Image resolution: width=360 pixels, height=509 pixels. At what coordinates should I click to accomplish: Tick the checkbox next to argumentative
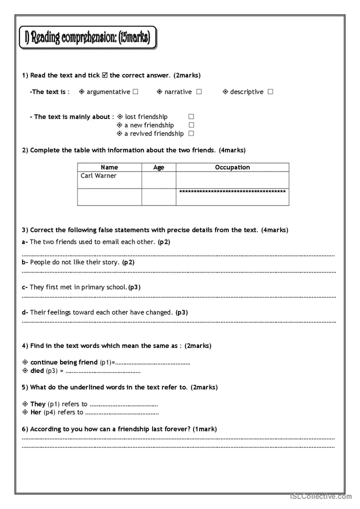135,92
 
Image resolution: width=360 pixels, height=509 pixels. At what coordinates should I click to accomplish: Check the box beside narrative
199,92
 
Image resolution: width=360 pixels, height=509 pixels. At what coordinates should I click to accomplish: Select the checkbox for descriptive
270,92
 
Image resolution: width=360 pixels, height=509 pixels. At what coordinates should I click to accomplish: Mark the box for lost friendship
191,117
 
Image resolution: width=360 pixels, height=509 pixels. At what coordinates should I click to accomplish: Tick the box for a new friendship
191,125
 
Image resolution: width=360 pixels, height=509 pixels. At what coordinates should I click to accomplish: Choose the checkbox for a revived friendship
191,134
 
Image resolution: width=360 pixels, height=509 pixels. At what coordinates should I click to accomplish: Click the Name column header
109,167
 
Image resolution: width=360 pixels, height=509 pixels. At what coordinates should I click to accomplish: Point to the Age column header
158,167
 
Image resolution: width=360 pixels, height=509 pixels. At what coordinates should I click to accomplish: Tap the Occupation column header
232,167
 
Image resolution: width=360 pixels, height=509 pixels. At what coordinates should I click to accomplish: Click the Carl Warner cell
109,179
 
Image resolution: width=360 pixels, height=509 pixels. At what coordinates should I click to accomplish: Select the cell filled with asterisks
232,196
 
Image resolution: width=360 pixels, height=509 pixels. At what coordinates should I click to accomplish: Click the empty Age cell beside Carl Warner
158,180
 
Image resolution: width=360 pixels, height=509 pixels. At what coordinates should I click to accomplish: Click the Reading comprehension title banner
87,38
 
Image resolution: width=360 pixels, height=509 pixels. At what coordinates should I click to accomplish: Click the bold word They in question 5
38,404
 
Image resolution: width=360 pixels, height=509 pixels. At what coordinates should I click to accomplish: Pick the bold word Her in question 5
36,412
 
